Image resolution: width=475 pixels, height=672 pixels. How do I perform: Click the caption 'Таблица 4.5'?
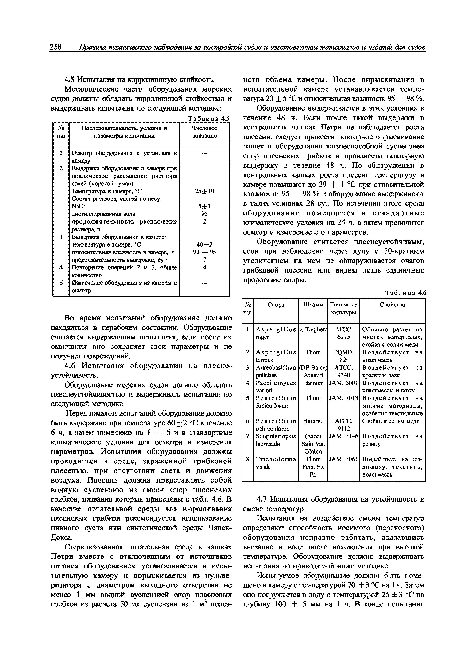pyautogui.click(x=209, y=119)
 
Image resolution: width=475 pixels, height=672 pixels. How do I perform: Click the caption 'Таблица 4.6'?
pyautogui.click(x=406, y=293)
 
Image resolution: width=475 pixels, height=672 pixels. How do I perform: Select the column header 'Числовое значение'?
pyautogui.click(x=204, y=132)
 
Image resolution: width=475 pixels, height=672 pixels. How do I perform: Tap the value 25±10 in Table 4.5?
pyautogui.click(x=204, y=191)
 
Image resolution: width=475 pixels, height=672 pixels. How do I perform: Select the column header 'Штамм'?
pyautogui.click(x=313, y=305)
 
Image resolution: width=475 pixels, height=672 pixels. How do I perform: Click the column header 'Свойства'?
pyautogui.click(x=392, y=305)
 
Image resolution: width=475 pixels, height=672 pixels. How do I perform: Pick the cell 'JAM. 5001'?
pyautogui.click(x=344, y=383)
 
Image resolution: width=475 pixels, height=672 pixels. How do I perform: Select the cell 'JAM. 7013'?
pyautogui.click(x=344, y=398)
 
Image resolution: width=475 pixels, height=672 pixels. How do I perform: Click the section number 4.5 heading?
pyautogui.click(x=69, y=80)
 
